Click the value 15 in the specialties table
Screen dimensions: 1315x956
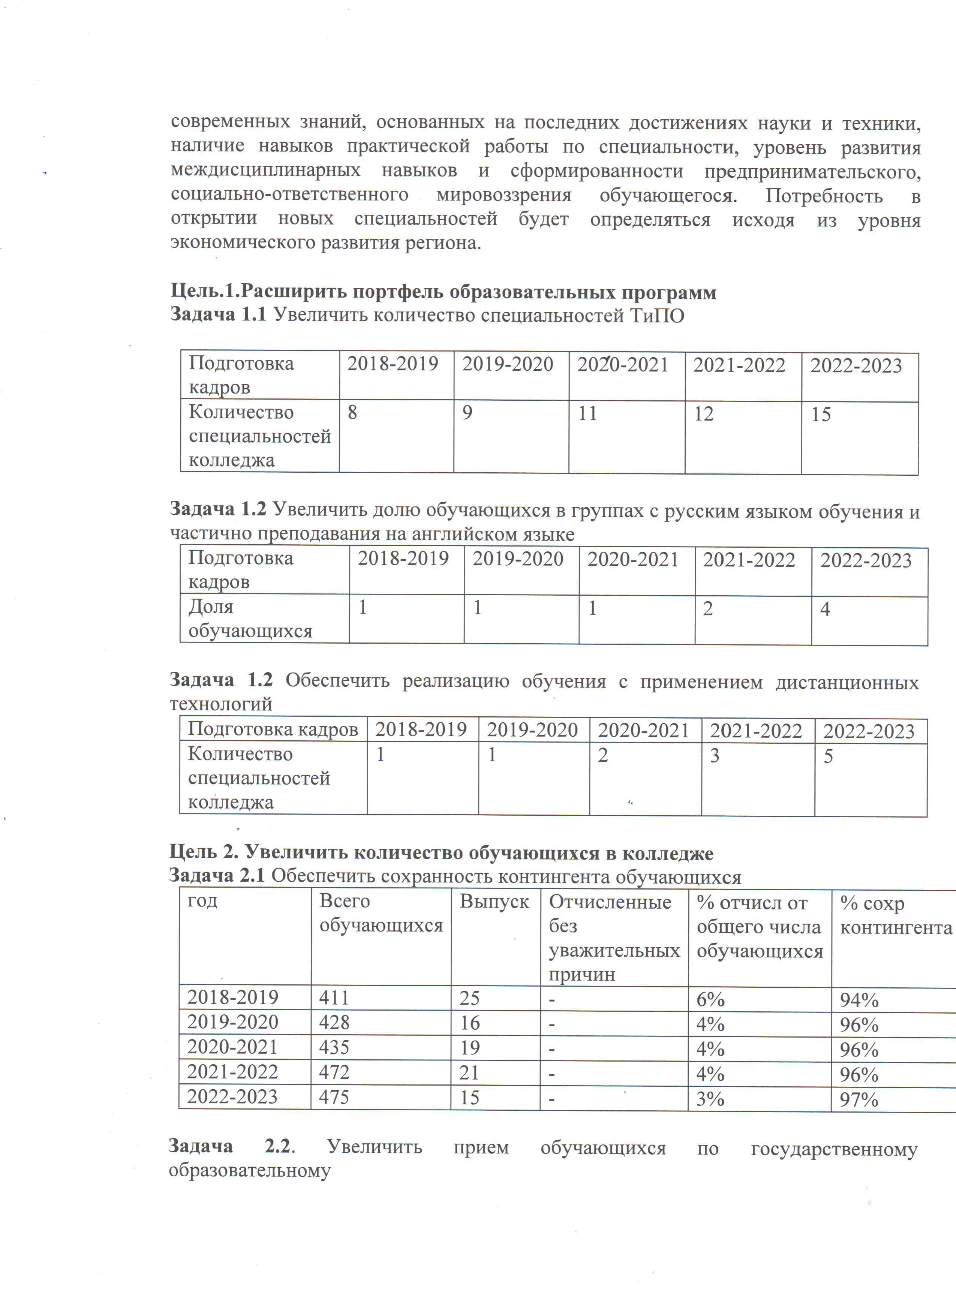pyautogui.click(x=821, y=415)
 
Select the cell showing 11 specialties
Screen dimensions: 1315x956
pyautogui.click(x=587, y=413)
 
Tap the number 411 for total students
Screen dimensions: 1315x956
pyautogui.click(x=334, y=997)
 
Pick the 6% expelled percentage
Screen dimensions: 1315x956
pyautogui.click(x=710, y=999)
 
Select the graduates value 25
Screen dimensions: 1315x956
pyautogui.click(x=470, y=998)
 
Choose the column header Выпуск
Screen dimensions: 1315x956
pyautogui.click(x=494, y=902)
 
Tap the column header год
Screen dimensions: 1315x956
pyautogui.click(x=202, y=900)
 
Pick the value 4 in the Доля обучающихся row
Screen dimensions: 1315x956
pyautogui.click(x=825, y=609)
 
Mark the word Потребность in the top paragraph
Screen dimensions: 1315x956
pyautogui.click(x=824, y=196)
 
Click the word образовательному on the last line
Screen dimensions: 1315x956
pyautogui.click(x=249, y=1170)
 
